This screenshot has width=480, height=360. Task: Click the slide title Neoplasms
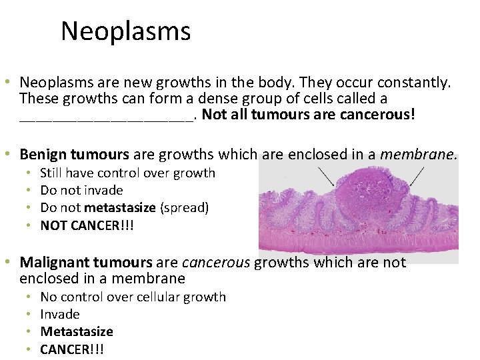point(125,31)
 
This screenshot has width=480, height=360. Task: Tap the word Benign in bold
point(45,155)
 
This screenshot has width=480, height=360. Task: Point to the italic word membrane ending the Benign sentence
point(417,155)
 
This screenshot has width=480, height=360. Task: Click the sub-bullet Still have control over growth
point(127,173)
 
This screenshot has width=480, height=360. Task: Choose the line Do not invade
point(81,191)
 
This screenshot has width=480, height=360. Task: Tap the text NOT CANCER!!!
point(87,225)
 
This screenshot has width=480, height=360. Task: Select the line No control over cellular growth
point(133,297)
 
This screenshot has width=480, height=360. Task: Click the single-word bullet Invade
point(60,315)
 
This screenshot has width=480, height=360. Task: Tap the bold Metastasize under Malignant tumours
point(77,332)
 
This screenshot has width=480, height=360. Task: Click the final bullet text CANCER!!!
point(72,349)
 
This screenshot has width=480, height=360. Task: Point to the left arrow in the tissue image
point(327,176)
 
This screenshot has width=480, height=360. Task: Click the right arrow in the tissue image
point(415,176)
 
